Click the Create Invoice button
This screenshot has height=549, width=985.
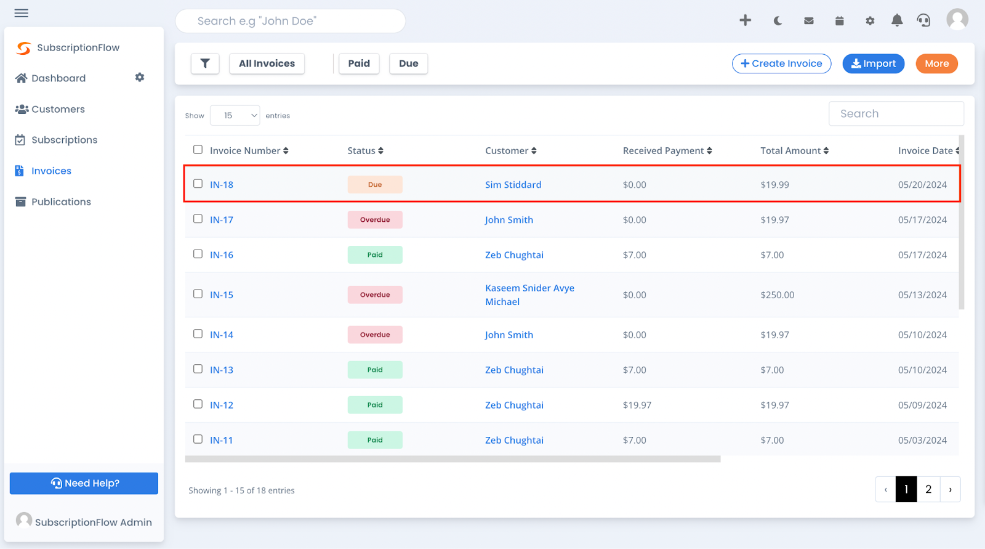coord(781,63)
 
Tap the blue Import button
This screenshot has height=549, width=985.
coord(873,63)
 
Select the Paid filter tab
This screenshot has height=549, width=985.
coord(359,63)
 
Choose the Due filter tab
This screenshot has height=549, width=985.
coord(408,63)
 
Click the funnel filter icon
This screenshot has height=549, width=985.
coord(205,63)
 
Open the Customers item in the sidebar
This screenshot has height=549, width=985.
coord(58,109)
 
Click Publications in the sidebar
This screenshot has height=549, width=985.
coord(61,201)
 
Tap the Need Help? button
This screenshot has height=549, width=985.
coord(84,483)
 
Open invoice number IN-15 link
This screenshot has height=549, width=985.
coord(222,295)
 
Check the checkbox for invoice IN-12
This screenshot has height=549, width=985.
coord(198,404)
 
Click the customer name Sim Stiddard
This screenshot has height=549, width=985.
coord(513,185)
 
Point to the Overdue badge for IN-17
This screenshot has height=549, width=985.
coord(375,220)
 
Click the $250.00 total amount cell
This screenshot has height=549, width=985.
coord(777,295)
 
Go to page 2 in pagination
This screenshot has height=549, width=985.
coord(928,489)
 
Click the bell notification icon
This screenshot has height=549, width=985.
coord(897,21)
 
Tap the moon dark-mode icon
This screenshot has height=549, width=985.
coord(778,21)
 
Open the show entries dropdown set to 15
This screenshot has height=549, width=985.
coord(235,115)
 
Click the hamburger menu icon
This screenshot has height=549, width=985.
coord(22,13)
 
